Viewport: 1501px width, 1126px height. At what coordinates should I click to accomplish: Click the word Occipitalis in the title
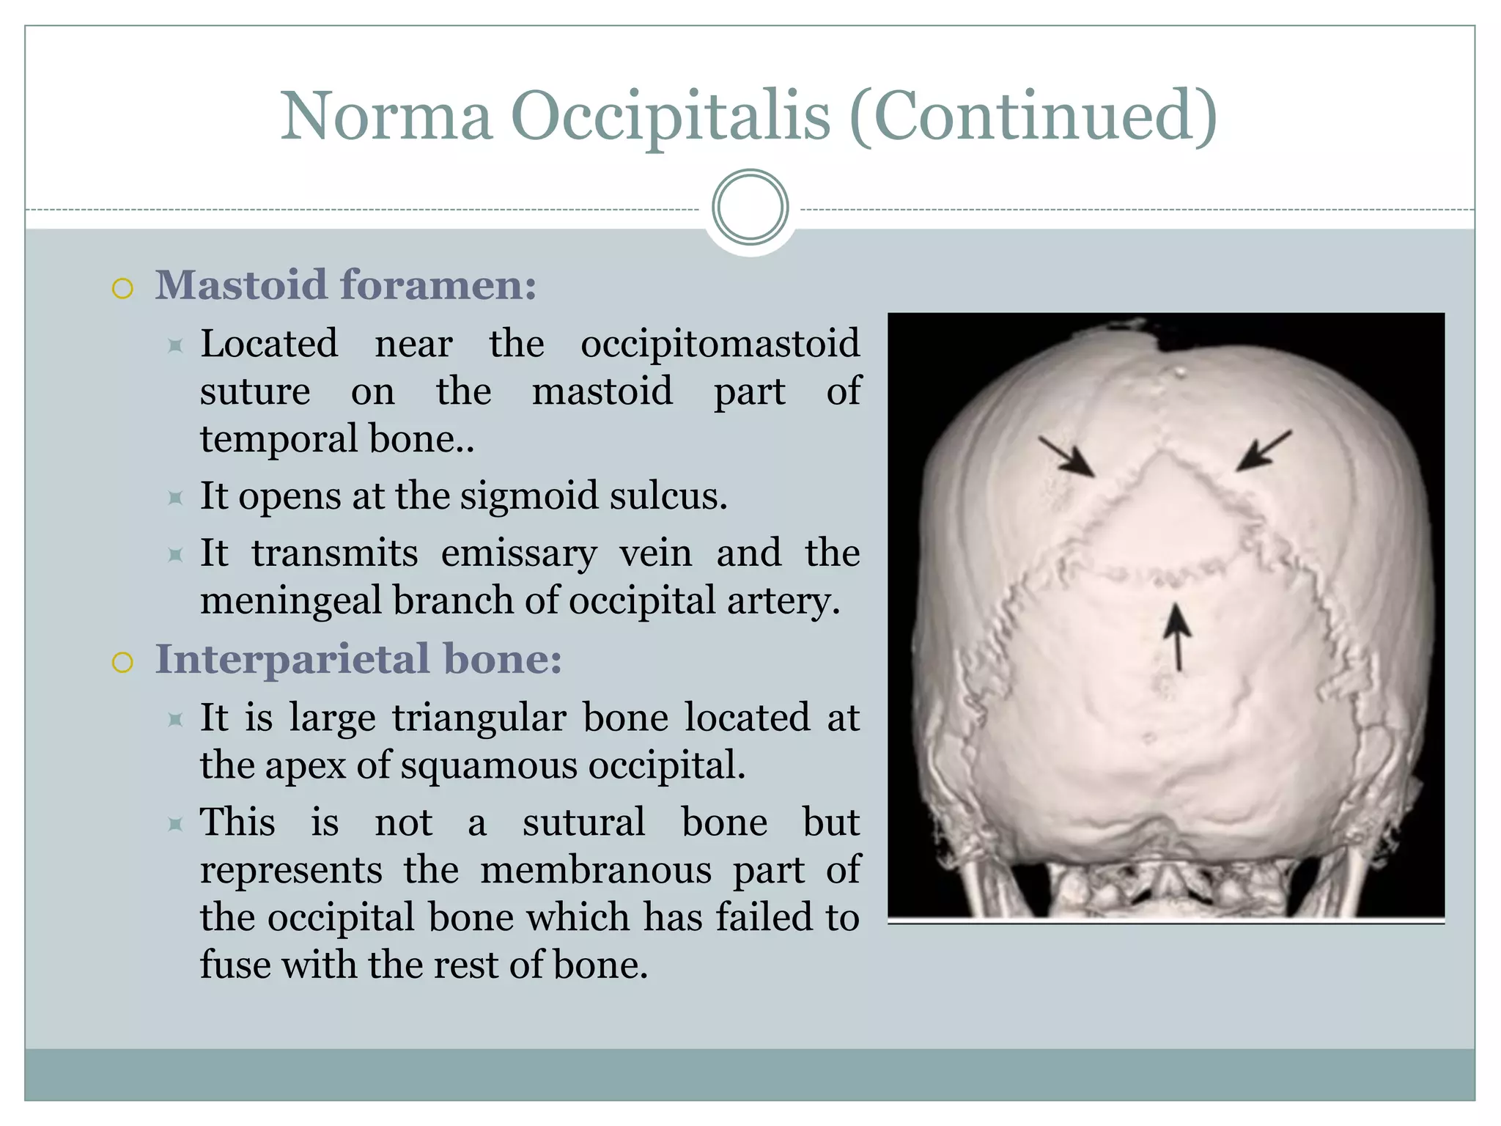(671, 117)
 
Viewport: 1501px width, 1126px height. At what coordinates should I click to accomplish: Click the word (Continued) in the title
(1033, 117)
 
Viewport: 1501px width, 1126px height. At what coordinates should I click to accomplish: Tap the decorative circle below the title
(750, 207)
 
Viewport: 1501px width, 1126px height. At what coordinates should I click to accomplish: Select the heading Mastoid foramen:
(345, 285)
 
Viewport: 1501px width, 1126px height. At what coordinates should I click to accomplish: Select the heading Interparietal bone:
(358, 659)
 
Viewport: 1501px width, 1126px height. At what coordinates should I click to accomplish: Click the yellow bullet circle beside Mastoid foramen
(122, 289)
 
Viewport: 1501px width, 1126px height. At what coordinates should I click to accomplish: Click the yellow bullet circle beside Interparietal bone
(122, 663)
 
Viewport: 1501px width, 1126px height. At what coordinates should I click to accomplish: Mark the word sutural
(583, 823)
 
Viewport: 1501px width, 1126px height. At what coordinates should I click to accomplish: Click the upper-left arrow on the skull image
(1066, 457)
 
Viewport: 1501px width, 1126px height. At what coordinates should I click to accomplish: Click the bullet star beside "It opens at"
(175, 498)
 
